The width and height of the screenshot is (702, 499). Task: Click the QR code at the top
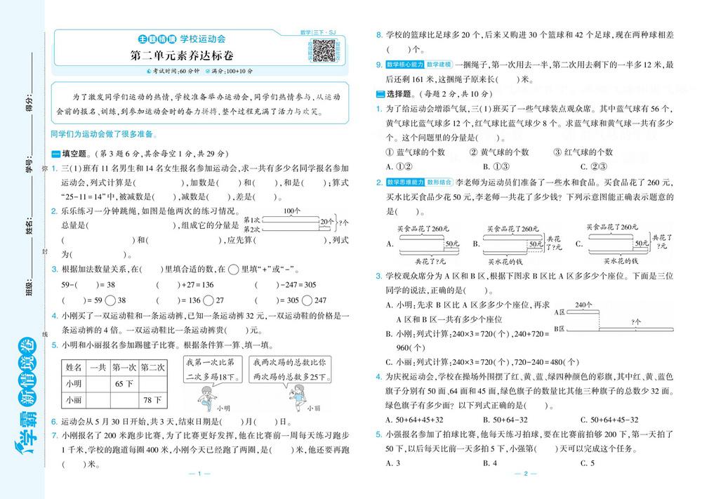(x=323, y=50)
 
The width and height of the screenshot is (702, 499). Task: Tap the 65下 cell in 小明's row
(x=124, y=384)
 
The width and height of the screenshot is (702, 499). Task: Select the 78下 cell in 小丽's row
(x=152, y=401)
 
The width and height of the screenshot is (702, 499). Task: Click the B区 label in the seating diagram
(x=560, y=328)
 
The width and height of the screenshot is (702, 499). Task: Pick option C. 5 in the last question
(x=587, y=463)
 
